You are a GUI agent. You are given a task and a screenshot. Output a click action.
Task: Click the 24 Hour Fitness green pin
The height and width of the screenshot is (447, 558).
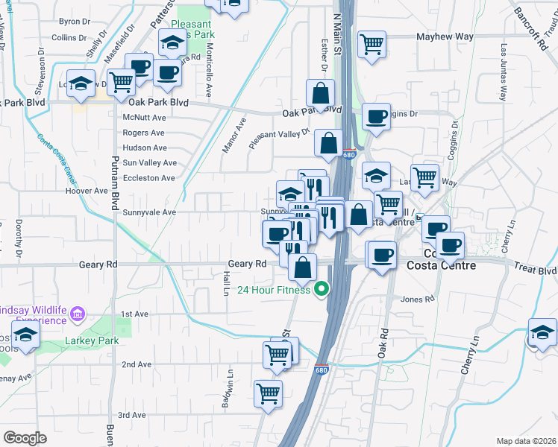click(322, 289)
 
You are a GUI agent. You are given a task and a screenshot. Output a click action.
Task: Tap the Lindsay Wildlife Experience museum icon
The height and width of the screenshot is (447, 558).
click(76, 316)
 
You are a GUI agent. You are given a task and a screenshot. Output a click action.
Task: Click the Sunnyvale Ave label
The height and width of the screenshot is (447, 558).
click(149, 212)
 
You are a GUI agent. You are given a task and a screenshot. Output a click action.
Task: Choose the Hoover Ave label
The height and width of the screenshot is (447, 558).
click(87, 191)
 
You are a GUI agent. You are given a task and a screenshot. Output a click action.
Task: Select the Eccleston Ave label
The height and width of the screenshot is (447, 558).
click(149, 178)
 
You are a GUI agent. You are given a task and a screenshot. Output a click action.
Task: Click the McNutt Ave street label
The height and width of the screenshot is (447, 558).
click(145, 117)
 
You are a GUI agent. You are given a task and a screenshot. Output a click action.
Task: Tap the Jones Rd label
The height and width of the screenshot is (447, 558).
click(418, 299)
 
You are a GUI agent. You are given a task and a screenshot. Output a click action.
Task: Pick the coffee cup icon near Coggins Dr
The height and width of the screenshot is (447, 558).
click(376, 116)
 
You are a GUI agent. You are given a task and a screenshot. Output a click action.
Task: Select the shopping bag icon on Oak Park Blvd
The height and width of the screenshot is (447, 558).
click(320, 93)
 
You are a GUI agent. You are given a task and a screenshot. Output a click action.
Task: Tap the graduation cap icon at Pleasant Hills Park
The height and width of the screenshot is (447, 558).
click(172, 42)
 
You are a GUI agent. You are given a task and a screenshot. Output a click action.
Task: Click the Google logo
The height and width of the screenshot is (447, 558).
click(25, 437)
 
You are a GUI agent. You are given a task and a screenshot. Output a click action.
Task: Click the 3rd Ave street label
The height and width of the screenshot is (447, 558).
click(132, 415)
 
